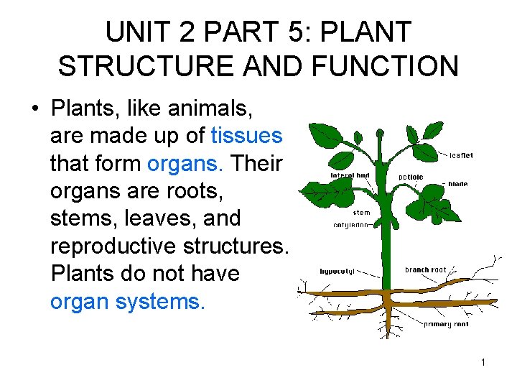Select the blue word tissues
pyautogui.click(x=247, y=135)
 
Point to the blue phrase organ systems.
pyautogui.click(x=128, y=301)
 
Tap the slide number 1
pyautogui.click(x=483, y=362)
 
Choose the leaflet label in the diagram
pyautogui.click(x=461, y=154)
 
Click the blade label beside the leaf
pyautogui.click(x=457, y=184)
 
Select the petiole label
pyautogui.click(x=410, y=176)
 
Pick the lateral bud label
pyautogui.click(x=350, y=175)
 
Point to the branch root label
pyautogui.click(x=425, y=270)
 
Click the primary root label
pyautogui.click(x=447, y=325)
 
